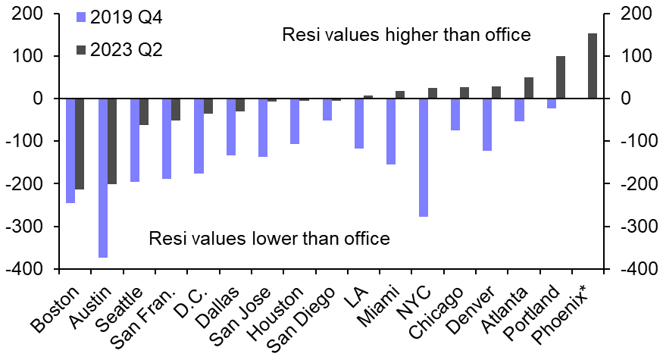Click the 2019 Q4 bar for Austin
(x=103, y=178)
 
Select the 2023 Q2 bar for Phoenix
(x=593, y=66)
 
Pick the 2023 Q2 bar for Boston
(x=80, y=144)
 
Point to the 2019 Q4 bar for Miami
(x=391, y=131)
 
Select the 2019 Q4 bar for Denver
(x=487, y=125)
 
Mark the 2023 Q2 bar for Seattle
(x=144, y=112)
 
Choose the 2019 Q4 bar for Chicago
(x=455, y=114)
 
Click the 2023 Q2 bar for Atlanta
(x=529, y=88)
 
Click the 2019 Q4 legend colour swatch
(x=81, y=17)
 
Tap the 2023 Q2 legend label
(x=127, y=50)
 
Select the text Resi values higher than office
(x=405, y=35)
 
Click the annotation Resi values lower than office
(x=269, y=239)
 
